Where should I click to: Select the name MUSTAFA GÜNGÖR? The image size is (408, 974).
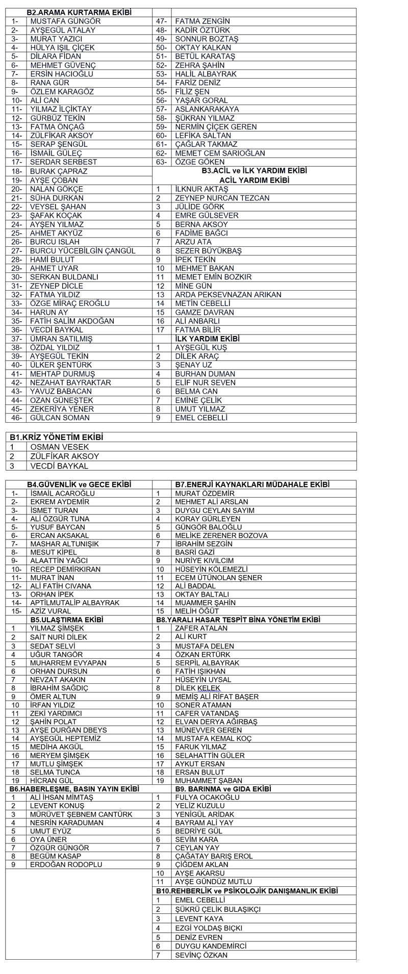pos(65,21)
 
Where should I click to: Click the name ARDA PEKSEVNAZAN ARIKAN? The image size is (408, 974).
pos(228,295)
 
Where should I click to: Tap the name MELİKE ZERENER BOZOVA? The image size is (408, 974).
pos(221,535)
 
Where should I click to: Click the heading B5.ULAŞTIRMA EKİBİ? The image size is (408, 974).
pos(67,620)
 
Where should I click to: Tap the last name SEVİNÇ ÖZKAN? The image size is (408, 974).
pos(201,955)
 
